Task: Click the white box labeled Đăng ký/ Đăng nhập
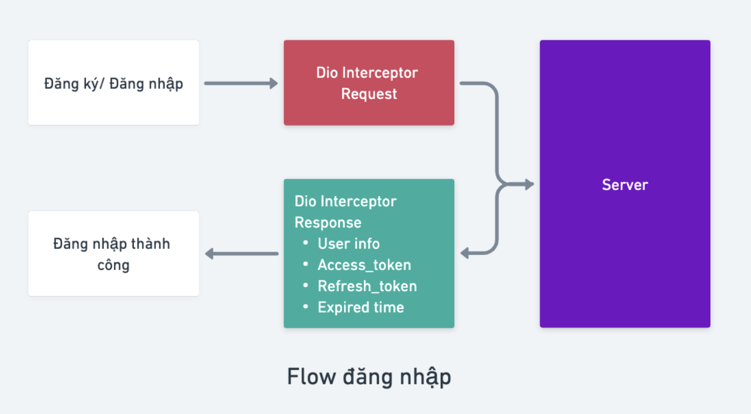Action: pos(113,82)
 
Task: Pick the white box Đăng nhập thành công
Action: pos(113,253)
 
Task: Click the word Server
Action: pos(625,185)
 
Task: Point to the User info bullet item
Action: pos(349,244)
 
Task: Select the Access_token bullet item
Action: pos(364,265)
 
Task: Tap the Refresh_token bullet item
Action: pos(367,286)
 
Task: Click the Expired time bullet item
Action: pos(360,307)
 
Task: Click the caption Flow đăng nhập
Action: pos(368,377)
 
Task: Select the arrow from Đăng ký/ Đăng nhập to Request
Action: pos(240,83)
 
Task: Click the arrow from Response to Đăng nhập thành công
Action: pos(241,253)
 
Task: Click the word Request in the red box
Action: pos(369,94)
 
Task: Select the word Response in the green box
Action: pos(328,223)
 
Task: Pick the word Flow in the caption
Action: pos(310,377)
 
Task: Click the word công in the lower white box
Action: pos(113,265)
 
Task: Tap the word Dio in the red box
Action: pos(327,73)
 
